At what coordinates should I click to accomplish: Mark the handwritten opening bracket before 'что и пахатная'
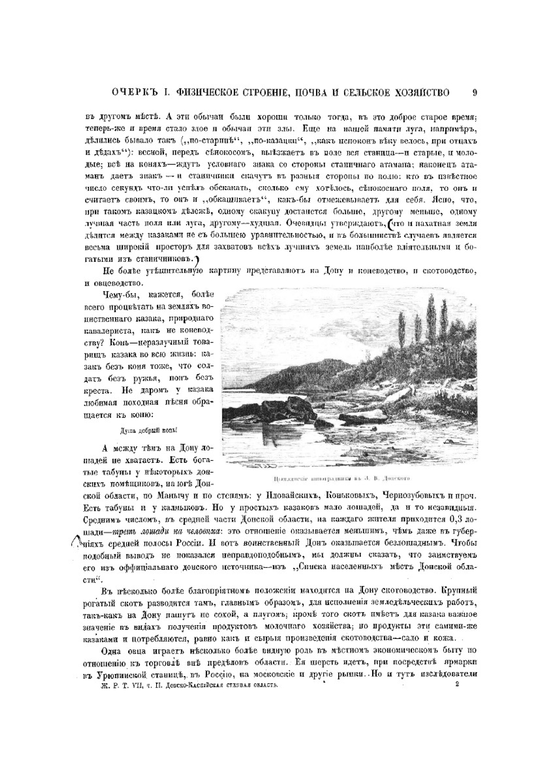(390, 224)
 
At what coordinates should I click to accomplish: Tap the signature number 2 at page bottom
(457, 684)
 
